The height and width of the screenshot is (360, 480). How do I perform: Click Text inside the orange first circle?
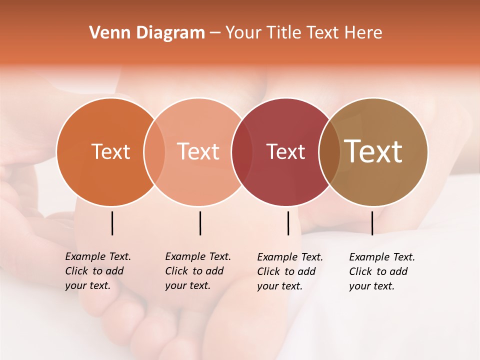(x=110, y=151)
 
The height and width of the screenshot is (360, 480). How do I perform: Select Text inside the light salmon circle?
(x=198, y=151)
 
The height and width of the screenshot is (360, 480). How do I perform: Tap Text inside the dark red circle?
(x=285, y=151)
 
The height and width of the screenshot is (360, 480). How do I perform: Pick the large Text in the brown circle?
(x=373, y=151)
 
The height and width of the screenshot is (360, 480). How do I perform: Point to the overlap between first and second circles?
(x=154, y=152)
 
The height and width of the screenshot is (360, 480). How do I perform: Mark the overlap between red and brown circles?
(x=329, y=152)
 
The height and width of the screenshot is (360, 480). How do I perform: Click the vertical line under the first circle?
(x=112, y=223)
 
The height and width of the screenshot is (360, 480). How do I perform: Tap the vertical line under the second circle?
(x=200, y=223)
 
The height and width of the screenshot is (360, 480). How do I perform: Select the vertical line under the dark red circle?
(x=288, y=223)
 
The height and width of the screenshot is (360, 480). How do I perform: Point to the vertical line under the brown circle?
(x=372, y=223)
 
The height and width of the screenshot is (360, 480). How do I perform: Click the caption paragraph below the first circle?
(x=97, y=271)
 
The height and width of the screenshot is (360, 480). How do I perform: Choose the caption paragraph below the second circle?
(x=197, y=271)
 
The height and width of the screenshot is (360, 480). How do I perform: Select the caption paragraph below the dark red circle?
(x=289, y=271)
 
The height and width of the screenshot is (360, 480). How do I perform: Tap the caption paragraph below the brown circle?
(x=381, y=271)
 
